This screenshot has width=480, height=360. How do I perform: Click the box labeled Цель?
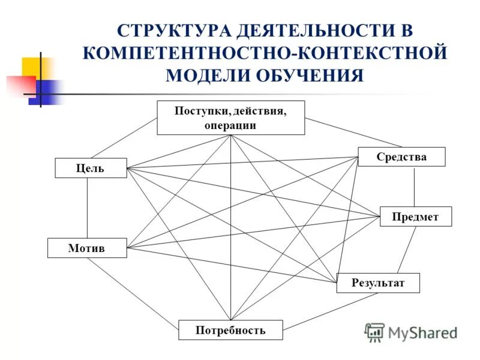pos(91,168)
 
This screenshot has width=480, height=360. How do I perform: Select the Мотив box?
pos(87,248)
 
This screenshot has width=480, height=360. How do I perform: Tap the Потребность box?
pos(230,329)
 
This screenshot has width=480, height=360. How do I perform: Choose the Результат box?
pos(377,283)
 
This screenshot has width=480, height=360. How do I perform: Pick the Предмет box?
pos(415,217)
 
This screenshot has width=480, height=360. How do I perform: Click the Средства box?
pos(401,157)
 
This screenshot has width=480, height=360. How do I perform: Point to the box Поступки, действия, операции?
pos(230,118)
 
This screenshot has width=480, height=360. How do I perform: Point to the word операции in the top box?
pos(230,125)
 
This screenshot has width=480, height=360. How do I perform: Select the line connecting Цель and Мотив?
pos(88,208)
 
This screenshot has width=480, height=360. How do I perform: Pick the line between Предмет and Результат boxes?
pos(407,250)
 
